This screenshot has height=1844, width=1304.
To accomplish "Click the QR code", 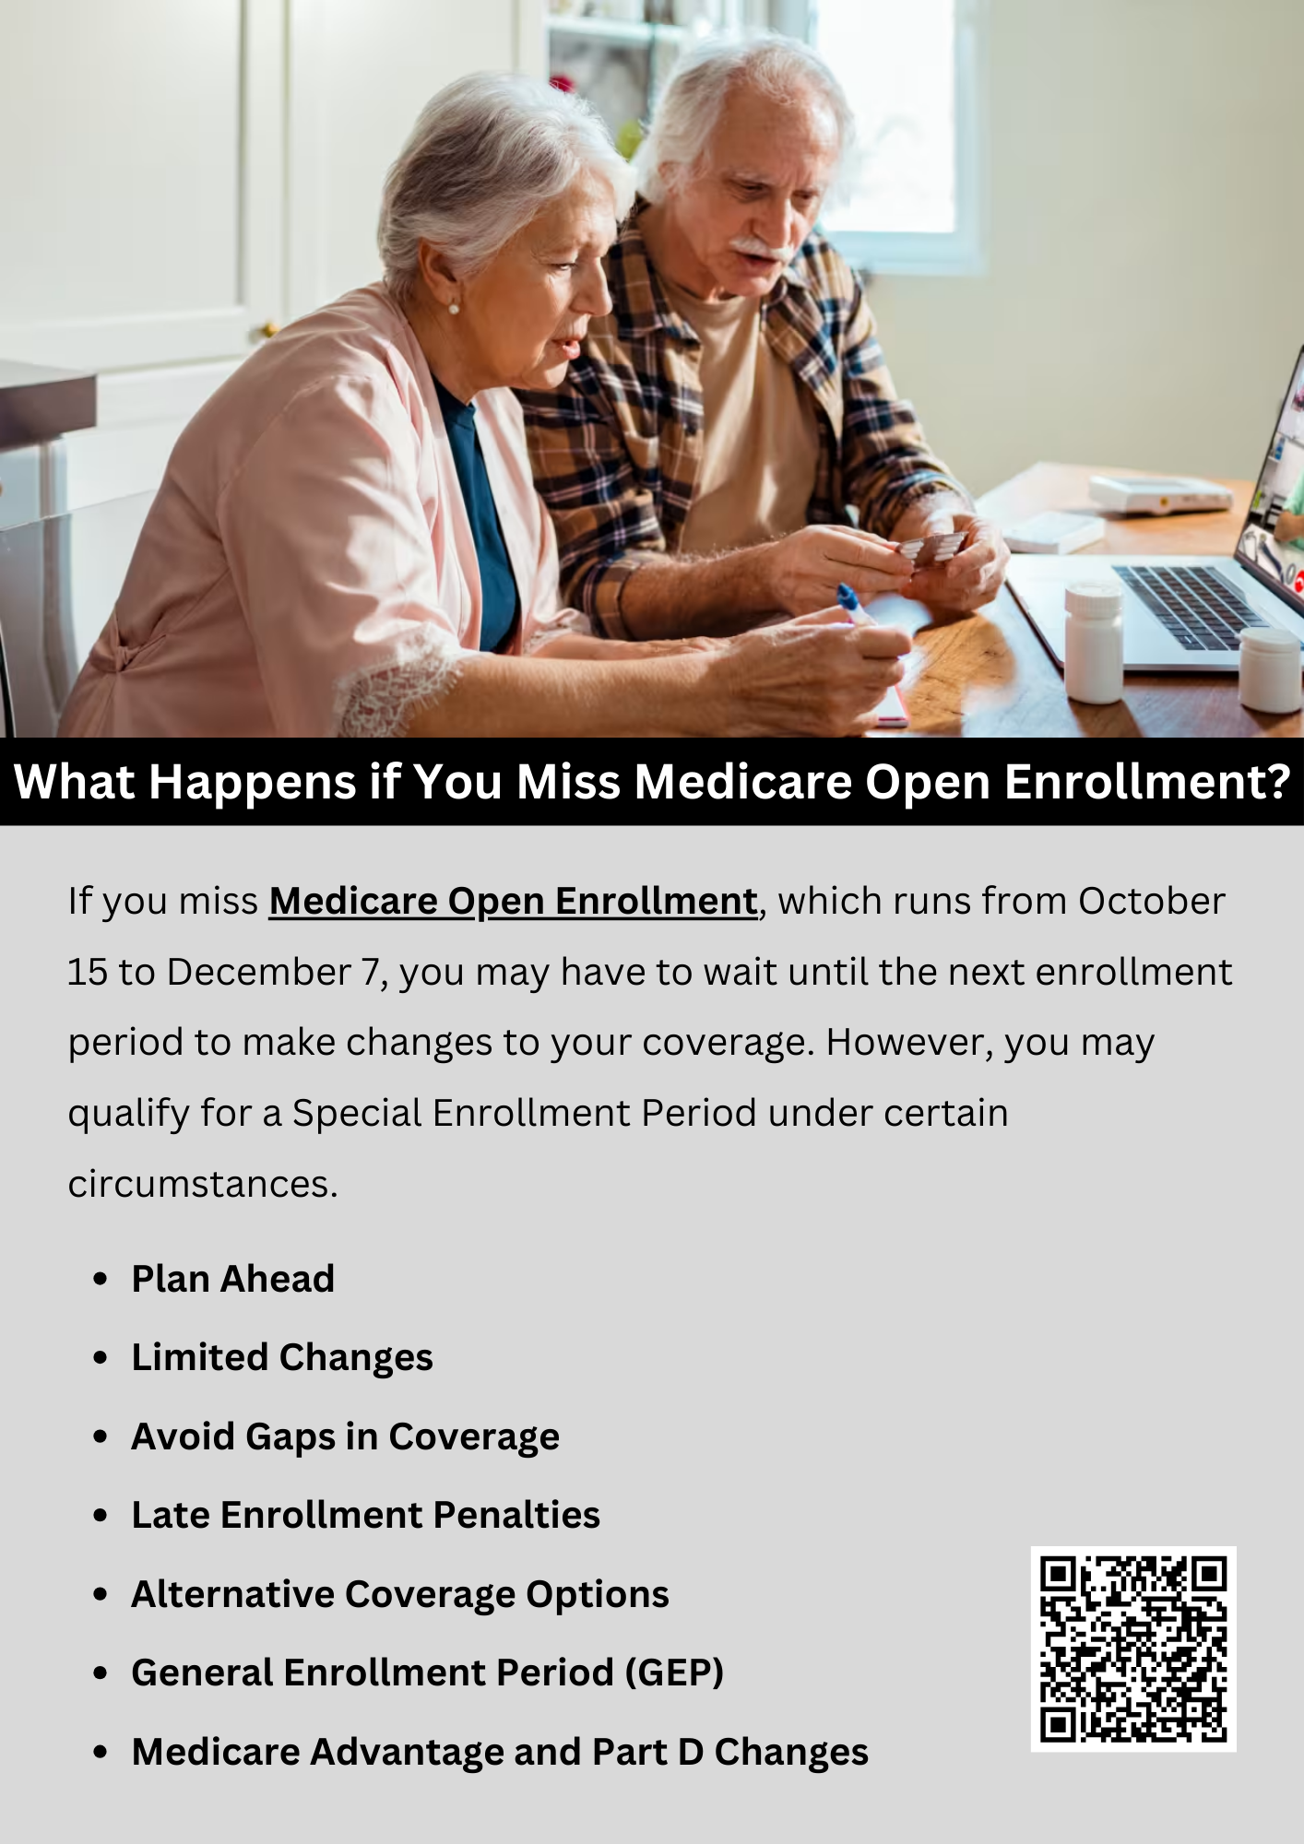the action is point(1133,1649).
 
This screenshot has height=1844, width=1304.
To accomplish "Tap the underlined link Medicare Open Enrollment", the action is point(514,902).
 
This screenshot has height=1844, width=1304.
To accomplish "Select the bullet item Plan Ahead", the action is point(233,1279).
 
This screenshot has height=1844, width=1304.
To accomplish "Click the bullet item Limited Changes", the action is point(282,1358).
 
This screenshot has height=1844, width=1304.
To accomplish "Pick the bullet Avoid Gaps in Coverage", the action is point(346,1436).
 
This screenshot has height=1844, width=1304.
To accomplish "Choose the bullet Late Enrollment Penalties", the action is point(366,1515).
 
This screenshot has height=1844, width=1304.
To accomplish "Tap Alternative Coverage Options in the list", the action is point(400,1594).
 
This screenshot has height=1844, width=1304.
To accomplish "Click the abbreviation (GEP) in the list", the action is point(674,1673).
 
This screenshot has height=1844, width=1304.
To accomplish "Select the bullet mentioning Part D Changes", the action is point(500,1752).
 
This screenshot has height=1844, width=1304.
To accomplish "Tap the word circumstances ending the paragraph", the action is point(203,1185).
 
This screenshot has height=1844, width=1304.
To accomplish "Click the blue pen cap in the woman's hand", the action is point(848,597).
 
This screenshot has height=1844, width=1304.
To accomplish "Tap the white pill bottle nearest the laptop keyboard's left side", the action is point(1094,642).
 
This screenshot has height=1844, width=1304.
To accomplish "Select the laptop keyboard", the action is point(1190,606).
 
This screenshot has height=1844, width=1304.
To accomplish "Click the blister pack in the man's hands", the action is point(931,548).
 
